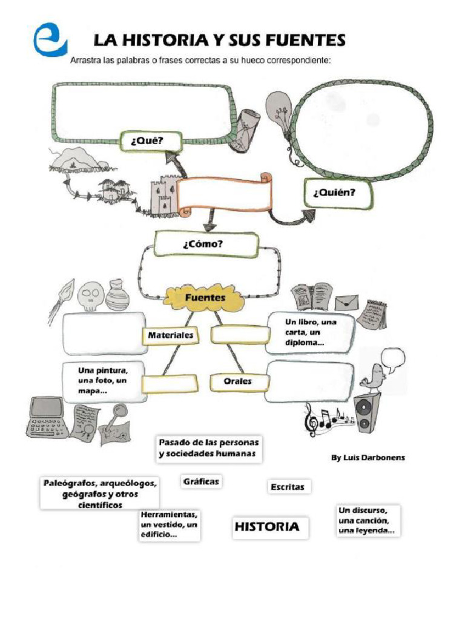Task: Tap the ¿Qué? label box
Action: point(146,141)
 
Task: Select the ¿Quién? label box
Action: point(334,193)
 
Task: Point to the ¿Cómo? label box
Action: point(206,244)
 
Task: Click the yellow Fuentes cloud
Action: point(205,298)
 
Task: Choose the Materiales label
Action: point(171,335)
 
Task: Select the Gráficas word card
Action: point(200,482)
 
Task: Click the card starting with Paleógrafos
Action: point(100,493)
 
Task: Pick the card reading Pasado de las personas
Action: point(208,449)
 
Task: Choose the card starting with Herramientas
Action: point(169,524)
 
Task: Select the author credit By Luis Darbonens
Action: point(368,458)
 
